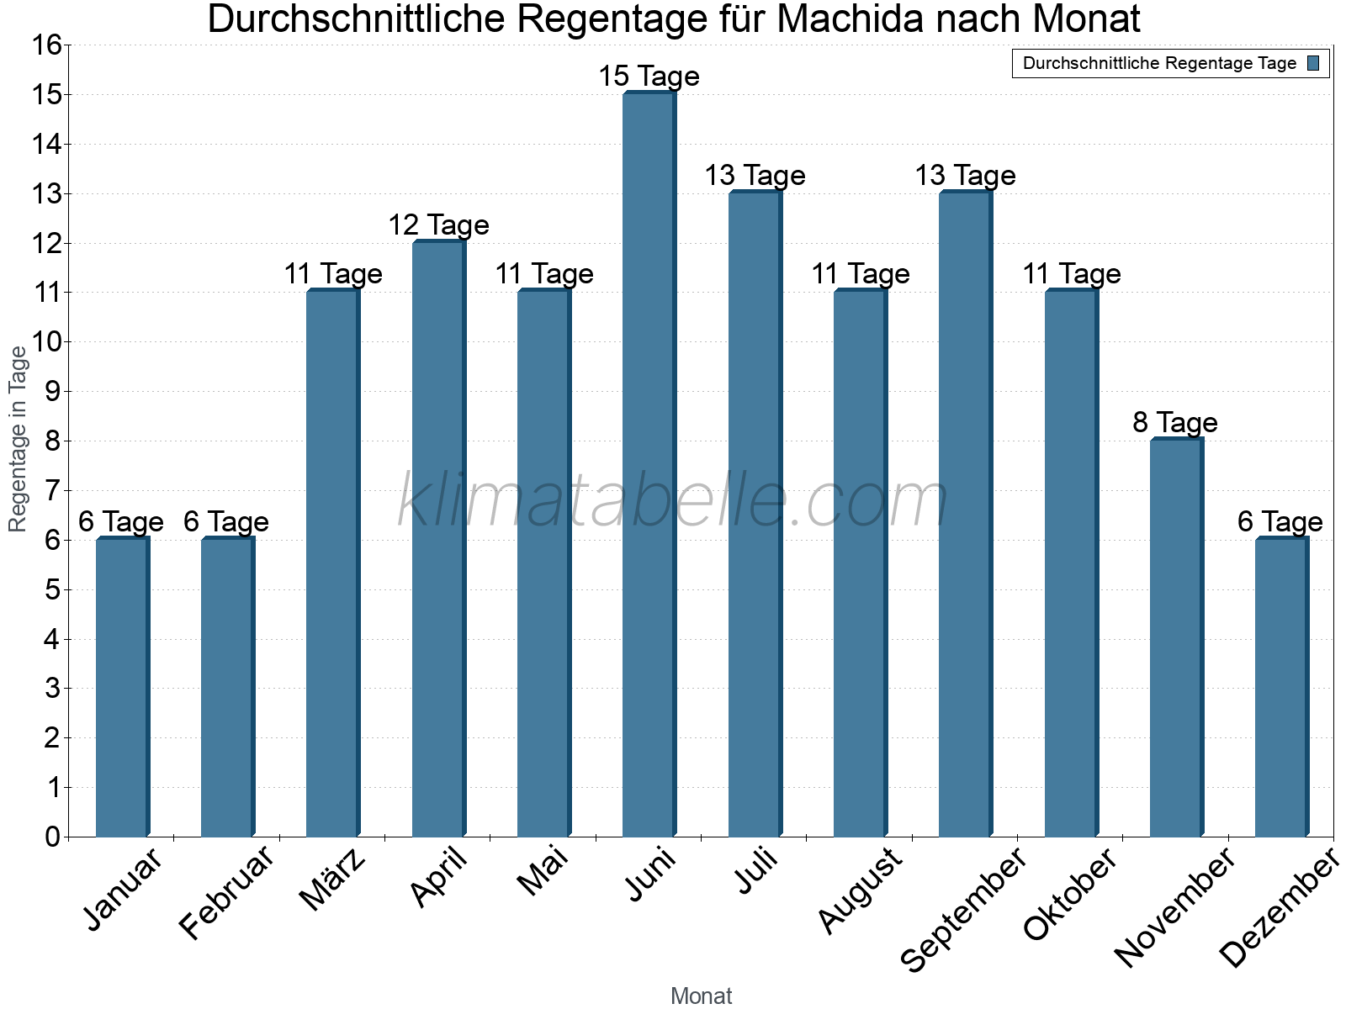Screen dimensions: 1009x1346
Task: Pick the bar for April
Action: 438,538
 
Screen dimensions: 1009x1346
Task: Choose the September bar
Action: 965,514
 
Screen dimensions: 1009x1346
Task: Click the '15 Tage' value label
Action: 649,77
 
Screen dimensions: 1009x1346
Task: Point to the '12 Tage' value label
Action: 438,225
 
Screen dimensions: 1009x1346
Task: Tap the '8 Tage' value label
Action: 1175,423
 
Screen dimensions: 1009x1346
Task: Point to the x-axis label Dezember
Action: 1279,908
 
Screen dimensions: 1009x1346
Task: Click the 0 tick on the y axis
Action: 52,837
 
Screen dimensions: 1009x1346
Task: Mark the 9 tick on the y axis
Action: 52,392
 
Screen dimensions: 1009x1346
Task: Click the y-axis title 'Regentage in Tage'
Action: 18,439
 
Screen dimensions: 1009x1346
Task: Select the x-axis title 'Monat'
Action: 701,996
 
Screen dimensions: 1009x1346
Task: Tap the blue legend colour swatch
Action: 1314,63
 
